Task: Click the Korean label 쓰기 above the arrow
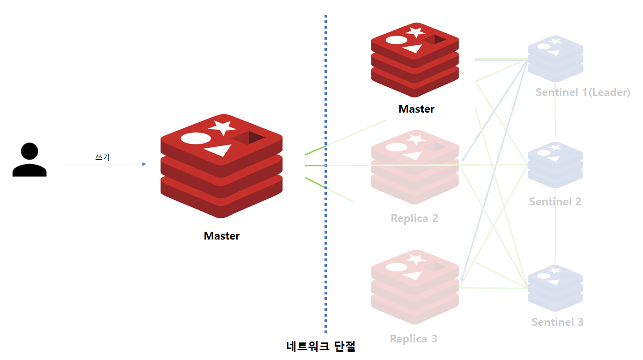pyautogui.click(x=102, y=157)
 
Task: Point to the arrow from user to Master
pyautogui.click(x=103, y=164)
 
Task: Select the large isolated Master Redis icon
pyautogui.click(x=222, y=166)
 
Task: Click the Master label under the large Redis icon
pyautogui.click(x=222, y=236)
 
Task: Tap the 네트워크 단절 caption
pyautogui.click(x=321, y=346)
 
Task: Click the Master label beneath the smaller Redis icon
pyautogui.click(x=416, y=109)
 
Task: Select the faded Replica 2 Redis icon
pyautogui.click(x=415, y=167)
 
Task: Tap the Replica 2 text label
pyautogui.click(x=414, y=218)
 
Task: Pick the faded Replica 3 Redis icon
pyautogui.click(x=415, y=287)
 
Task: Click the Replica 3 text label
pyautogui.click(x=413, y=339)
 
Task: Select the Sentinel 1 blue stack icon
pyautogui.click(x=555, y=59)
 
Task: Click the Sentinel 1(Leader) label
pyautogui.click(x=583, y=92)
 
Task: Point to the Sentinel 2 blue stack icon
pyautogui.click(x=555, y=165)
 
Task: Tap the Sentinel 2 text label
pyautogui.click(x=555, y=202)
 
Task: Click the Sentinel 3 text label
pyautogui.click(x=557, y=322)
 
